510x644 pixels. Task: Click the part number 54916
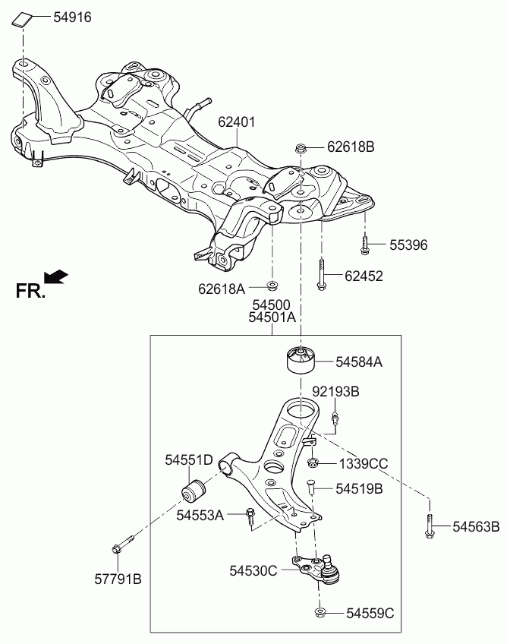pyautogui.click(x=72, y=16)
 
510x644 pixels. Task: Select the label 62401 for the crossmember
pyautogui.click(x=236, y=122)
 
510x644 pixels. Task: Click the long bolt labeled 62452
pyautogui.click(x=322, y=276)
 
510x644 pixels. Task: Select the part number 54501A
pyautogui.click(x=271, y=318)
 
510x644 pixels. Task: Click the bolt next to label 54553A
pyautogui.click(x=250, y=517)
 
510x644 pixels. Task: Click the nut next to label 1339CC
pyautogui.click(x=313, y=463)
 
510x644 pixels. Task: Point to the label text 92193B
pyautogui.click(x=335, y=391)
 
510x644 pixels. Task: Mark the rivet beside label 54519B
pyautogui.click(x=311, y=488)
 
